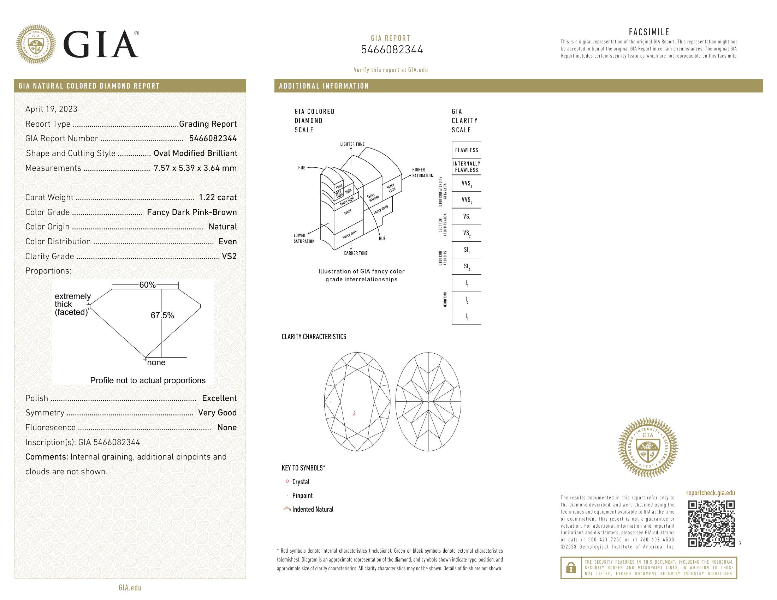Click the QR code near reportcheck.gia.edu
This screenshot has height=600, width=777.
click(711, 523)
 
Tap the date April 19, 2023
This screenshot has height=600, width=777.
click(51, 109)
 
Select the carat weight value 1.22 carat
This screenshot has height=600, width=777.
click(217, 197)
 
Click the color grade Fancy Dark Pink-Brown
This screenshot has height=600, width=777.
click(192, 212)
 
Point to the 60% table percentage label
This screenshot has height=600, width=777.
click(147, 285)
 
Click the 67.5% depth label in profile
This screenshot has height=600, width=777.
click(162, 315)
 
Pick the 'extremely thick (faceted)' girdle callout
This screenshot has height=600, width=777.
click(72, 304)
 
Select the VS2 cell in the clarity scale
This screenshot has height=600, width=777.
click(467, 233)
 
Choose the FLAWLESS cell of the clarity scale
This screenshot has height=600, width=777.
click(467, 150)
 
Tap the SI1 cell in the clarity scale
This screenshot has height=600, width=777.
click(467, 250)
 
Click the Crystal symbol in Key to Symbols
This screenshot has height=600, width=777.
click(287, 481)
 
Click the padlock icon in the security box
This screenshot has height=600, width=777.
click(571, 568)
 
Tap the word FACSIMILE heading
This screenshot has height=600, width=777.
click(649, 32)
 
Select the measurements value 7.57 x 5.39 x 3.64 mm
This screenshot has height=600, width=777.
click(195, 168)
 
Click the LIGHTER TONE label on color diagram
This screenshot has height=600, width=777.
click(352, 144)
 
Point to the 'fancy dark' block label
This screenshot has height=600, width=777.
click(349, 235)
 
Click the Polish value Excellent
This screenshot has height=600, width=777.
click(219, 398)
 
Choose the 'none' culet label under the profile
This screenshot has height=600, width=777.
click(156, 362)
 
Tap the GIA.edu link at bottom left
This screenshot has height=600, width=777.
click(130, 588)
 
